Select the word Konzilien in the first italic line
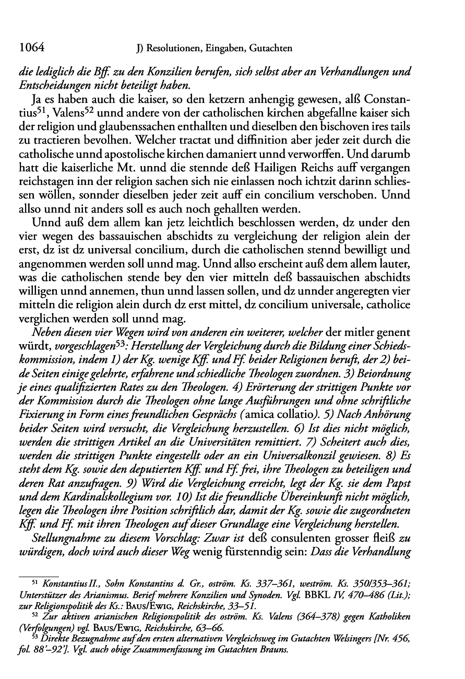pyautogui.click(x=172, y=72)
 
